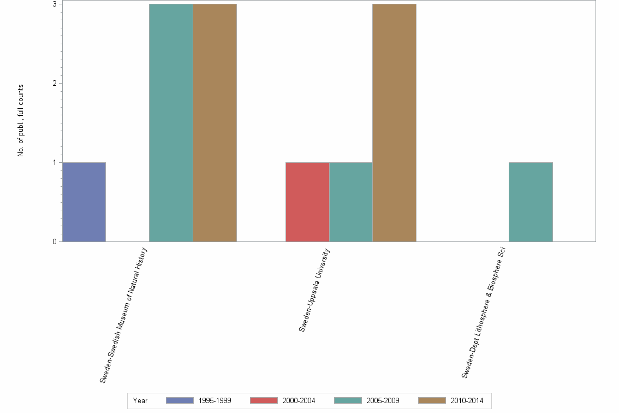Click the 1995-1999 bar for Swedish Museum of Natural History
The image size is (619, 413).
click(x=84, y=202)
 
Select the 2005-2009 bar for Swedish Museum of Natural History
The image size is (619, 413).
click(x=171, y=122)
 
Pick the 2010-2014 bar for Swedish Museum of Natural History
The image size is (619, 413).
click(x=215, y=122)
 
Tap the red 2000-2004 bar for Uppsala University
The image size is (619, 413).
click(x=307, y=202)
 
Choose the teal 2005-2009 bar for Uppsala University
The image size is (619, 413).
click(x=351, y=202)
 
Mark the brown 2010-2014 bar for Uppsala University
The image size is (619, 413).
click(x=394, y=122)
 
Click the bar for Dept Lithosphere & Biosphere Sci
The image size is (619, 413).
click(x=531, y=202)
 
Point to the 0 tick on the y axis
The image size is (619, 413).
click(x=55, y=241)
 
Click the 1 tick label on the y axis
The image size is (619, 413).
click(x=55, y=162)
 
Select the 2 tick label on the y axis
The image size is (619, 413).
click(x=55, y=83)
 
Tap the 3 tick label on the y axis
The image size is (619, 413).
click(x=55, y=4)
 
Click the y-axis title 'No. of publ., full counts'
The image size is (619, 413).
click(x=21, y=121)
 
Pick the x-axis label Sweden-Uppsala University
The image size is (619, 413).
click(x=314, y=290)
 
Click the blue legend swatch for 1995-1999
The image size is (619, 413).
click(x=180, y=400)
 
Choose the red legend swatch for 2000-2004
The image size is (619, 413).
click(x=264, y=400)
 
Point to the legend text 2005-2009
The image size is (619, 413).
click(x=384, y=400)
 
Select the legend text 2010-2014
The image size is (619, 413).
click(x=467, y=400)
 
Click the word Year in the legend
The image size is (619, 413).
click(x=140, y=400)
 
